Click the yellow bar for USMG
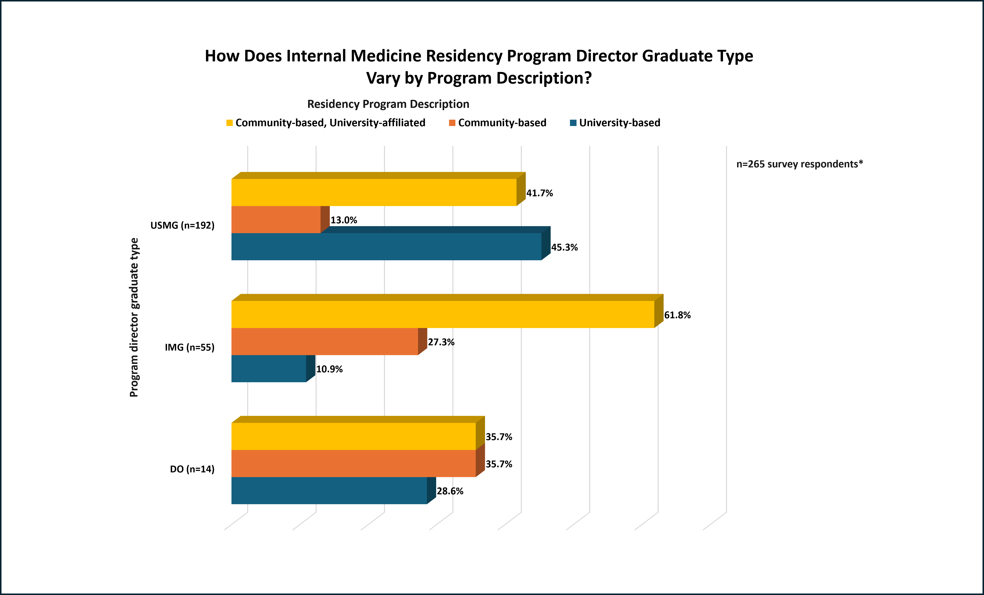[374, 192]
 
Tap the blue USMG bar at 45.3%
[386, 247]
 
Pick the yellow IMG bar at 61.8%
[443, 315]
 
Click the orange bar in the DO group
[353, 464]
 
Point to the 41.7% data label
[540, 193]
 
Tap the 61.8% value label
[677, 315]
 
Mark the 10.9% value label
[329, 369]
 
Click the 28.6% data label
[450, 491]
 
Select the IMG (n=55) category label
[190, 347]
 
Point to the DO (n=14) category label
[192, 469]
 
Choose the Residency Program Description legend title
[388, 104]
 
